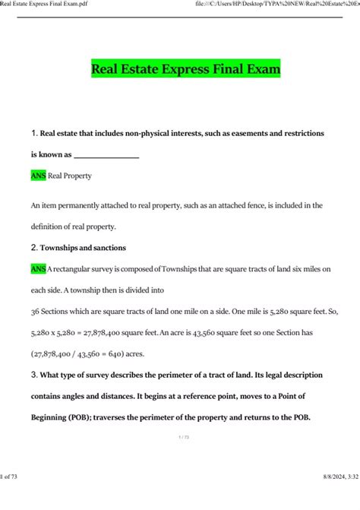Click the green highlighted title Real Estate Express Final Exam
(186, 70)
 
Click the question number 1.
(33, 133)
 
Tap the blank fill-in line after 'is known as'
(106, 154)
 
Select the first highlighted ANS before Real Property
(38, 176)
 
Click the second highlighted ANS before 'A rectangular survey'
(38, 268)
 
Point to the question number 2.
(34, 247)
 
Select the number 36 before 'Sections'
(36, 311)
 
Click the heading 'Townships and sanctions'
(84, 248)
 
